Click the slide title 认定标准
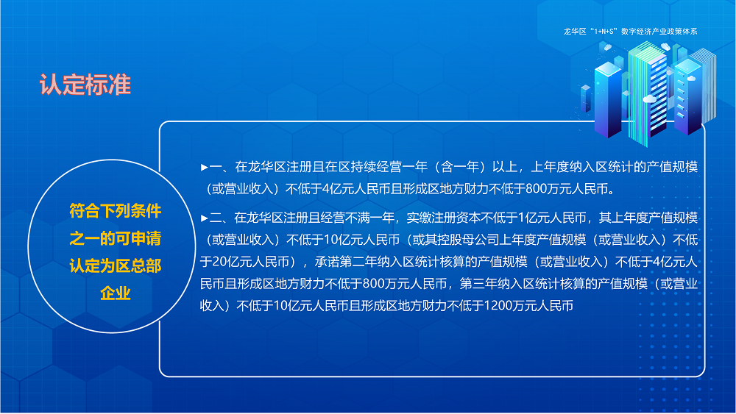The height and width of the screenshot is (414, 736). tap(85, 85)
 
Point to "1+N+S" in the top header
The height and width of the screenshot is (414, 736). tap(599, 32)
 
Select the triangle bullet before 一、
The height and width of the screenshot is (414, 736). tap(205, 168)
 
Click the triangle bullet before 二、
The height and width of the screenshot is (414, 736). tap(205, 218)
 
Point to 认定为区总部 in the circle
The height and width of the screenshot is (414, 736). tap(116, 266)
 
